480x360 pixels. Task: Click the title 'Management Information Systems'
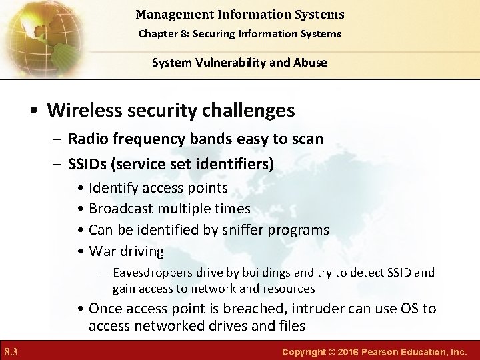pos(239,14)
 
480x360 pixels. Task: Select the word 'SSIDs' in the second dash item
pos(89,163)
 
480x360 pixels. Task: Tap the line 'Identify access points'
pos(158,188)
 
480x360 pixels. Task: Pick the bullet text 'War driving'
pos(126,251)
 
